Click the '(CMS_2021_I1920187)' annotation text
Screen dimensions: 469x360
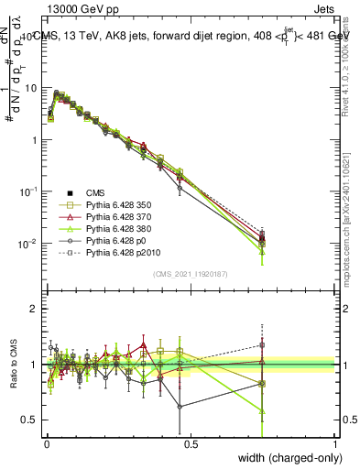tap(190, 273)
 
